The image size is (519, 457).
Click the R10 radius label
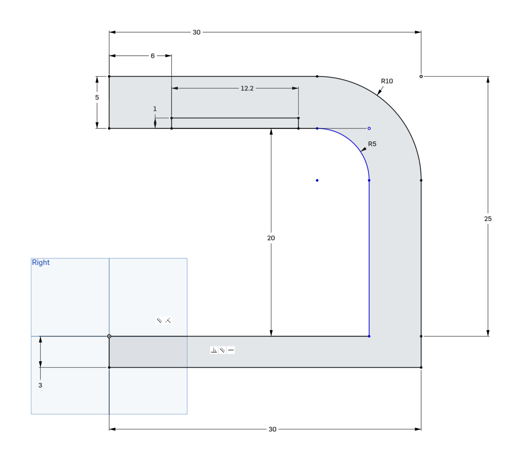(387, 81)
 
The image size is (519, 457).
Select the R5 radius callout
(372, 144)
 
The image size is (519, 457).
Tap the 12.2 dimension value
(247, 88)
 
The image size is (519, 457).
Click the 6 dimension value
(153, 56)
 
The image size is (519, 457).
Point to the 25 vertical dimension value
(488, 219)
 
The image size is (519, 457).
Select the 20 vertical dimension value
(271, 238)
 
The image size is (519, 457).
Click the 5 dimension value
(97, 98)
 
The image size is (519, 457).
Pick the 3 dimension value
(40, 385)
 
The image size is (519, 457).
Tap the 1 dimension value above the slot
(155, 109)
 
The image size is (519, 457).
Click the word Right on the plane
(41, 262)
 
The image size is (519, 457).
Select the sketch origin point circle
(109, 337)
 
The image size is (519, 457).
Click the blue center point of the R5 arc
(317, 180)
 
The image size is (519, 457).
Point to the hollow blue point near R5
(369, 129)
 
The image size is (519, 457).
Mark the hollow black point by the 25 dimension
(421, 76)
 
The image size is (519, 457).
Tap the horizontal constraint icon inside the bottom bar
(231, 350)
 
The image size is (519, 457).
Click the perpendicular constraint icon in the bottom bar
(214, 350)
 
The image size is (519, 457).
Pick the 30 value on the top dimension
(197, 32)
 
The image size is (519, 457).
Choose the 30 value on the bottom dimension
(272, 429)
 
